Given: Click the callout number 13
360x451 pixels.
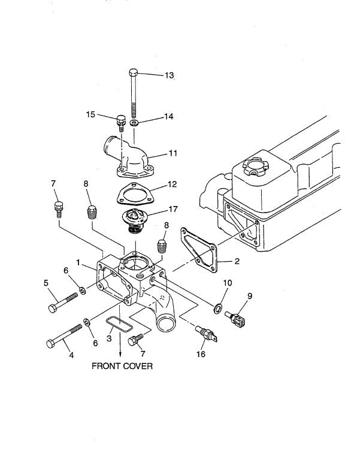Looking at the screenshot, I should pos(169,75).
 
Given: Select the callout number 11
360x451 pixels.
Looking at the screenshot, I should pos(173,153).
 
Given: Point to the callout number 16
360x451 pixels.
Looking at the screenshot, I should pos(201,355).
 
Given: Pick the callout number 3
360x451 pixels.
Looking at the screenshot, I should pos(110,338).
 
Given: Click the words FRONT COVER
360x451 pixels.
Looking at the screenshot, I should pos(122,366).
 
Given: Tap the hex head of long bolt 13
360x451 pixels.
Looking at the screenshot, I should pos(134,74).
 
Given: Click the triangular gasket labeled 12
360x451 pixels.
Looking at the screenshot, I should pos(133,196).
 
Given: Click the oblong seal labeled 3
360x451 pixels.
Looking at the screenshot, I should pos(119,324).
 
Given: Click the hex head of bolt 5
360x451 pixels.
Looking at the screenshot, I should pos(52,309).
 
